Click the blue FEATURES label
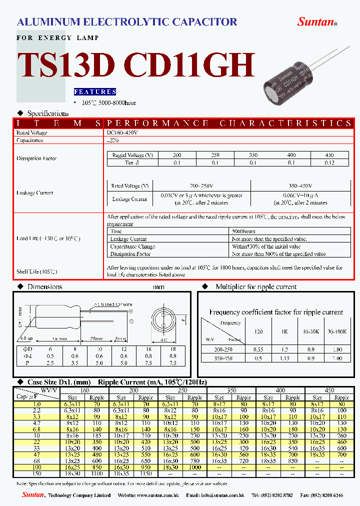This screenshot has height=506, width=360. [95, 92]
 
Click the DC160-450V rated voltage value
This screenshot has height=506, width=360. [122, 132]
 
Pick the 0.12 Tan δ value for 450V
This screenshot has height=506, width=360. [329, 163]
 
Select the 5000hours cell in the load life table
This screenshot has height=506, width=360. [244, 231]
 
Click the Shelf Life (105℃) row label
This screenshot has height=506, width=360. [36, 271]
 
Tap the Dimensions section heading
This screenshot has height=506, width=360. [44, 287]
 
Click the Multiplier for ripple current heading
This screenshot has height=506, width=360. [256, 287]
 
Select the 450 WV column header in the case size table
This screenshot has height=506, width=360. [329, 390]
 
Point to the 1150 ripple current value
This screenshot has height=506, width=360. [145, 473]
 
